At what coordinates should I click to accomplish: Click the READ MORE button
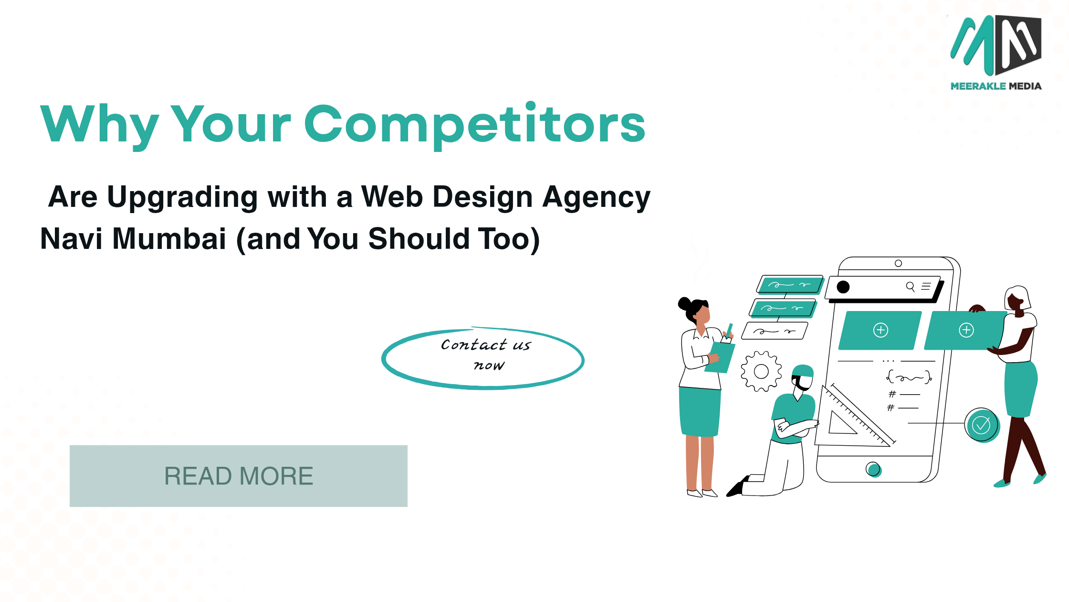pos(239,476)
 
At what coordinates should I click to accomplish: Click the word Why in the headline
pos(99,125)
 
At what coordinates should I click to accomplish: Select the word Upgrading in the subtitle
pos(183,198)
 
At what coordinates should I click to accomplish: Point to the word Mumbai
pos(169,238)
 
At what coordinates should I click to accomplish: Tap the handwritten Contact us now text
pos(486,355)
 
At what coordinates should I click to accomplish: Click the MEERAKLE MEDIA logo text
pos(996,86)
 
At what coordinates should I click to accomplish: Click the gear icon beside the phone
pos(761,371)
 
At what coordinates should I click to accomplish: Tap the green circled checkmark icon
pos(982,425)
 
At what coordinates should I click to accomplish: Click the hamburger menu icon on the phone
pos(926,286)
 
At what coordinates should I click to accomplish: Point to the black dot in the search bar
pos(843,287)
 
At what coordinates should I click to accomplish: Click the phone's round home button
pos(873,469)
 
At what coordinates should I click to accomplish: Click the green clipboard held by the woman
pos(720,357)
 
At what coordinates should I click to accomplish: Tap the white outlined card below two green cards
pos(775,331)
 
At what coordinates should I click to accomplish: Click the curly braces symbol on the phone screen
pos(909,377)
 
